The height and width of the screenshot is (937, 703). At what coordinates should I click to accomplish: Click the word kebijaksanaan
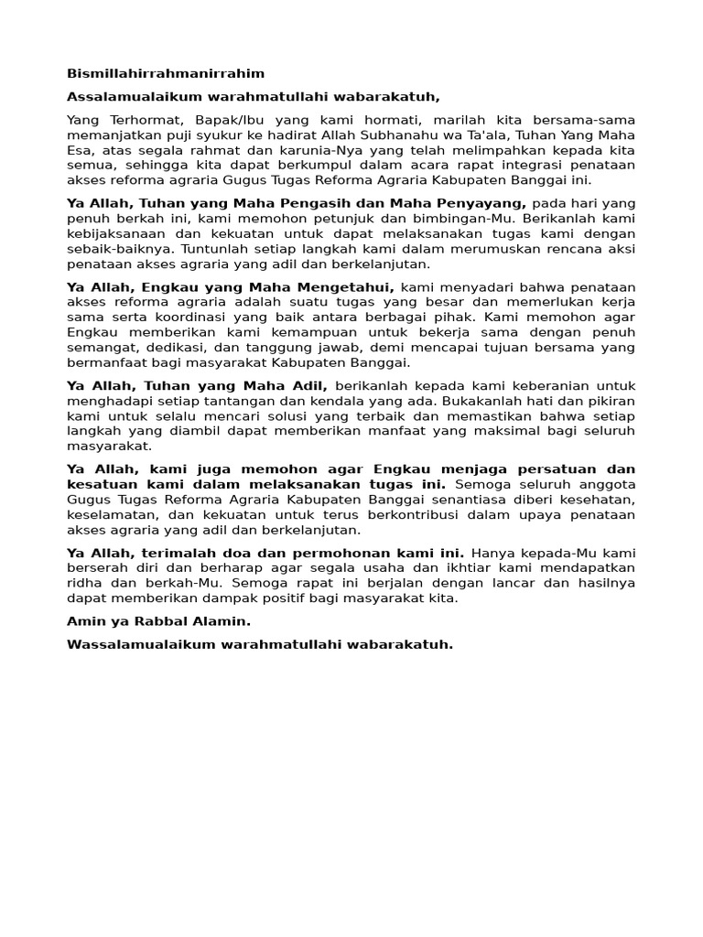coord(110,233)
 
